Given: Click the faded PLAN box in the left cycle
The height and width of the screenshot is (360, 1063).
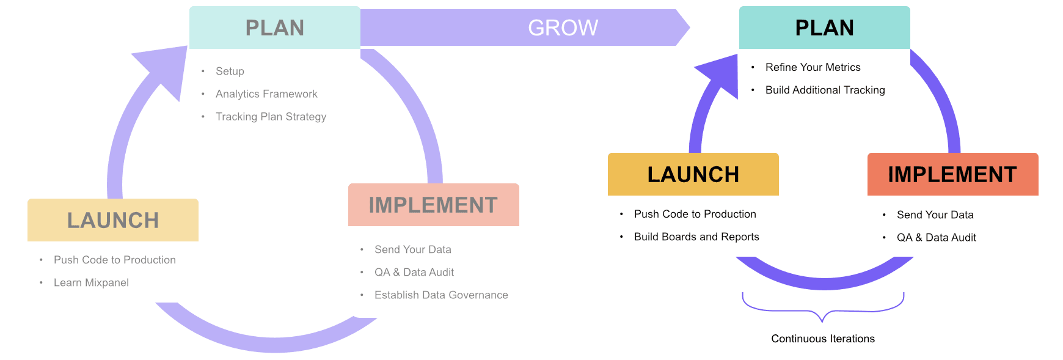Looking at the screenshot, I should pos(274,28).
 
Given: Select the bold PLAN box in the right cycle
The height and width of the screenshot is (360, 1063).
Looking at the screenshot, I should pos(824,28).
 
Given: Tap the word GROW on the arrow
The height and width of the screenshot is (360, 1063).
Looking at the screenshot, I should pos(563,28).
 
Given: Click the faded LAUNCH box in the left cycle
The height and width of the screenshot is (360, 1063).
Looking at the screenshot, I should pos(113,220).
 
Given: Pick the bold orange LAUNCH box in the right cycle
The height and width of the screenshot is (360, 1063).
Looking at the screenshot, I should pos(693,174).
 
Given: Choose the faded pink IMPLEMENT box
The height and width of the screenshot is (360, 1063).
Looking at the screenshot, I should pos(433,205).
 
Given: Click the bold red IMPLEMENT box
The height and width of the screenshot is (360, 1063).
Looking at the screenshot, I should pos(952,174).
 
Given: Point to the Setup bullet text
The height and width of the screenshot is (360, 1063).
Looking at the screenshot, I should pos(230,72).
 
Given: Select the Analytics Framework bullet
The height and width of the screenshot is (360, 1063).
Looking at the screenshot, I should pos(266,94).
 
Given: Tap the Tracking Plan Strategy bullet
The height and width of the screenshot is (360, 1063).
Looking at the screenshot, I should pos(271,117).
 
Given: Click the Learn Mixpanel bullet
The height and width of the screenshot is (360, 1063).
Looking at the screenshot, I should pos(91,282).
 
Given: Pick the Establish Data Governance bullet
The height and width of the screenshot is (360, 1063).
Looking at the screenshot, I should pos(441,295).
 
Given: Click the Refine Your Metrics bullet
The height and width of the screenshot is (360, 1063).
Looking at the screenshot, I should pos(813,67).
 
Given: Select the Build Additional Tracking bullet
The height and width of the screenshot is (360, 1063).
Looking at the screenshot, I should pos(825,90).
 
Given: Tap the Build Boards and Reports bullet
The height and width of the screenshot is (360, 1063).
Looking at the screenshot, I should pos(696,237).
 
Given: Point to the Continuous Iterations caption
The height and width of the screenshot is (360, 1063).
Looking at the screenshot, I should pos(822,339).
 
